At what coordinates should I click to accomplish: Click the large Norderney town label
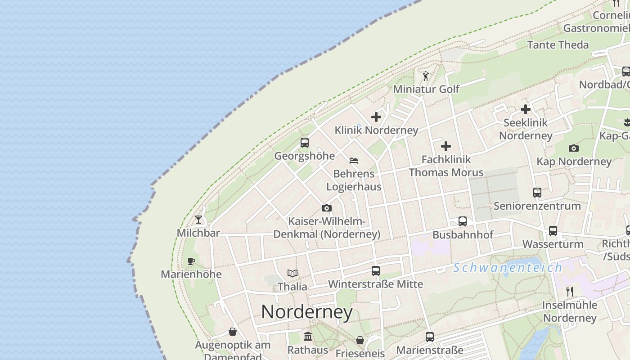(x=307, y=312)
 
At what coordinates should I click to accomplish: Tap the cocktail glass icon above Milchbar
(x=198, y=220)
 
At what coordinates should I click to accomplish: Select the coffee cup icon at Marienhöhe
(x=191, y=261)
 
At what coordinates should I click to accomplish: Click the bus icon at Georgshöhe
(x=305, y=143)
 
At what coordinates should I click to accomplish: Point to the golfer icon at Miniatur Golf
(x=426, y=76)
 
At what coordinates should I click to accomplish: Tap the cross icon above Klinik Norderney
(x=376, y=117)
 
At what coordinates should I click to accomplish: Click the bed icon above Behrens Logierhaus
(x=354, y=160)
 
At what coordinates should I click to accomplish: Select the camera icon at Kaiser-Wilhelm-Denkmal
(x=327, y=208)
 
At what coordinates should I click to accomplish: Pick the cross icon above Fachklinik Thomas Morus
(x=446, y=146)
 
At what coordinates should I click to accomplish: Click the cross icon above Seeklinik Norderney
(x=525, y=109)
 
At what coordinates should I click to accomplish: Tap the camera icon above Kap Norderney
(x=573, y=148)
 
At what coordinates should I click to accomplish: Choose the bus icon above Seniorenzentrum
(x=537, y=193)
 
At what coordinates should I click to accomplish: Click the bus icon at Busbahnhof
(x=463, y=221)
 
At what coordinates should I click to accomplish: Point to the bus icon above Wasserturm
(x=553, y=231)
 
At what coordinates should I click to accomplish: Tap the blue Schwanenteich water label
(x=508, y=268)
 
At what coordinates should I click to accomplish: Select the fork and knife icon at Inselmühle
(x=570, y=291)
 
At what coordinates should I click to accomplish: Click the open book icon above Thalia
(x=292, y=273)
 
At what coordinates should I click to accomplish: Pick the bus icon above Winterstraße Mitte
(x=376, y=271)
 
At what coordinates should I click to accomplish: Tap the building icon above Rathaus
(x=308, y=336)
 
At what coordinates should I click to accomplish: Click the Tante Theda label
(x=558, y=45)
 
